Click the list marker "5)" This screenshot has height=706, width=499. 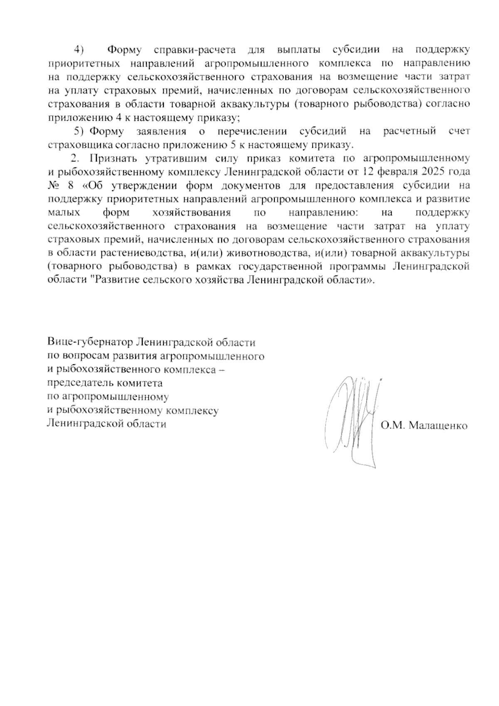tap(79, 132)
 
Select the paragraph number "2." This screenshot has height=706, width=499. tap(74, 159)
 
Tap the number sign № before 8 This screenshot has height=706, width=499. tap(54, 186)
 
